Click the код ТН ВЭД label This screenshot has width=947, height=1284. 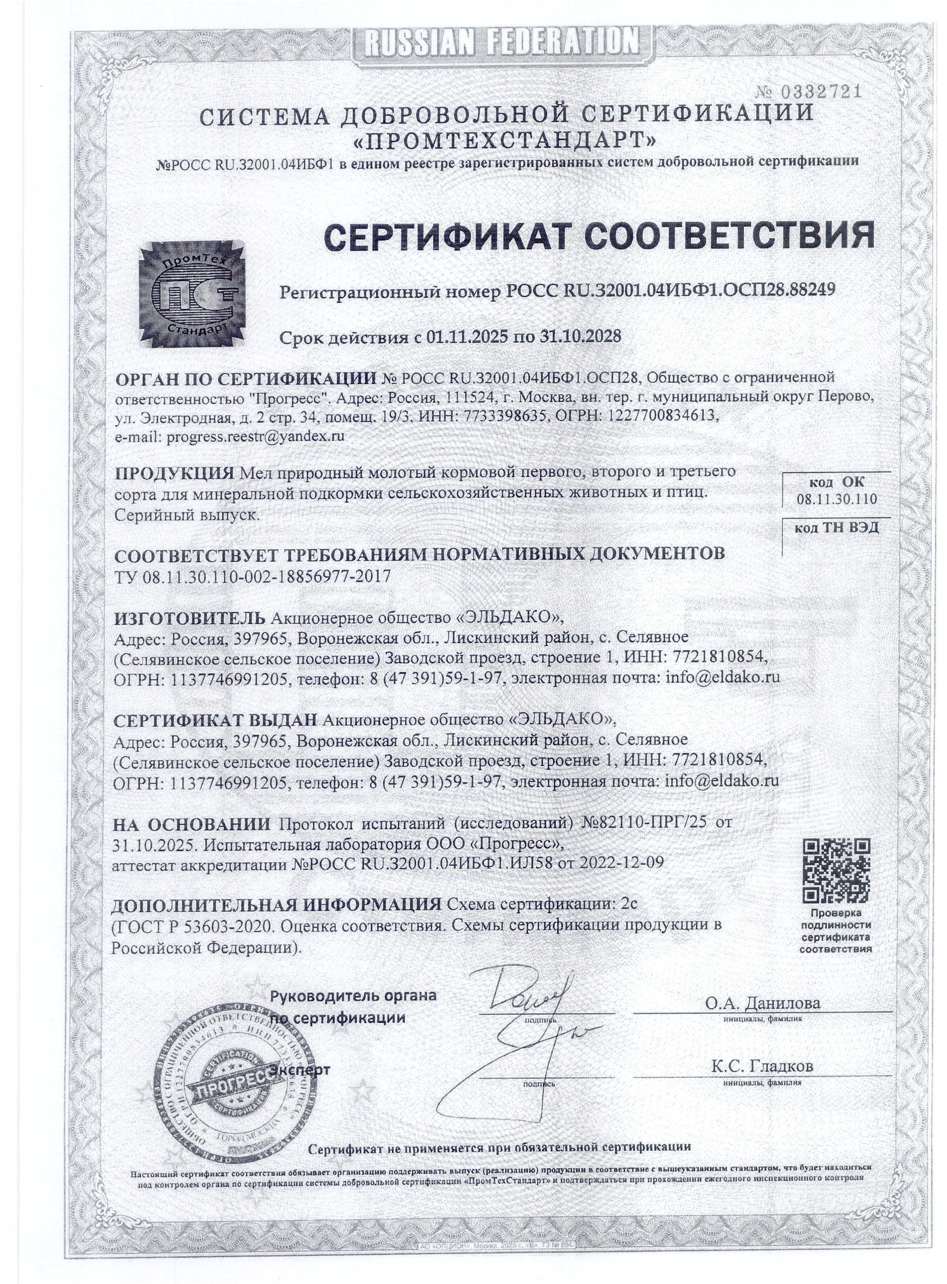836,527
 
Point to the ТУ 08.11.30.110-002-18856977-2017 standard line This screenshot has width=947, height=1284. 252,576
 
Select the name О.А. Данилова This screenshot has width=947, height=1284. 762,1004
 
